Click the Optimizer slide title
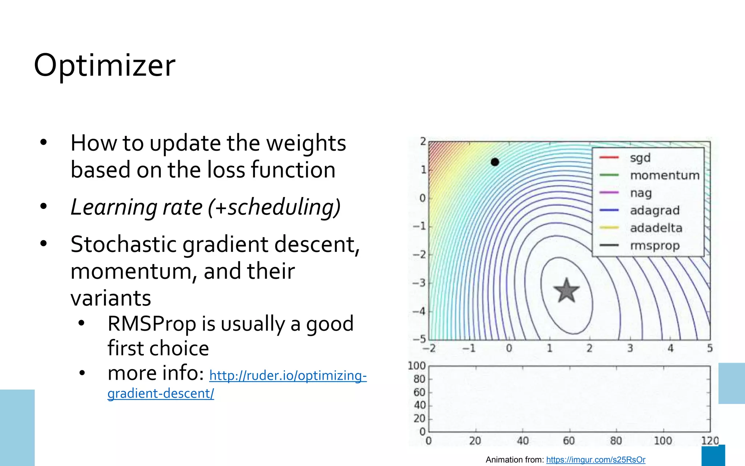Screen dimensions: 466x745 pos(105,66)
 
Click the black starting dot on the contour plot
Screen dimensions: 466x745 pos(495,162)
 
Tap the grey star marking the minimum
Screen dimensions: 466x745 pos(566,291)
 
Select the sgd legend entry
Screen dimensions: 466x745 pos(640,158)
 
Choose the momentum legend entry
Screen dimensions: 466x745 pos(665,175)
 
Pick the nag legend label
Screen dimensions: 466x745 pos(641,193)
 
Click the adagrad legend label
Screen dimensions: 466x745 pos(654,210)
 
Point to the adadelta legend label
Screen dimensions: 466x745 pos(656,228)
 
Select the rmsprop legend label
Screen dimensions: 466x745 pos(654,246)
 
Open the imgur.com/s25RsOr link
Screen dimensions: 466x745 pos(595,460)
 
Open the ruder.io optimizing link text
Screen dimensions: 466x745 pos(288,375)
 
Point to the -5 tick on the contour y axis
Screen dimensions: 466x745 pos(419,339)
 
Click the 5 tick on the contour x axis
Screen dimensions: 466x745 pos(710,348)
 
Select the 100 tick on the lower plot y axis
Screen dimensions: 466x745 pos(417,366)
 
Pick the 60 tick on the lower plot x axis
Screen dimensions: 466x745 pos(569,441)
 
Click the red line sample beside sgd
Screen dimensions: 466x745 pos(609,158)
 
